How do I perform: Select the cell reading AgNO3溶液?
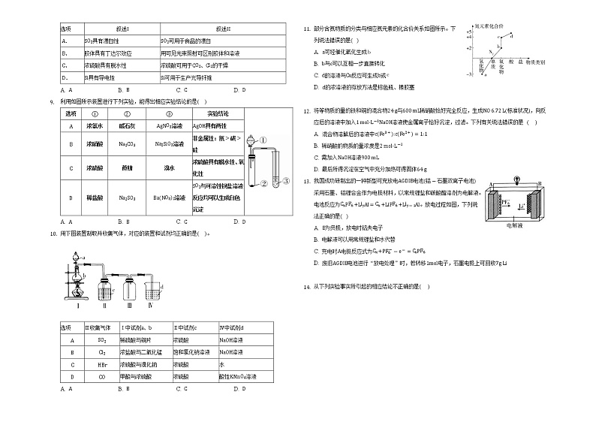click(x=167, y=126)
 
